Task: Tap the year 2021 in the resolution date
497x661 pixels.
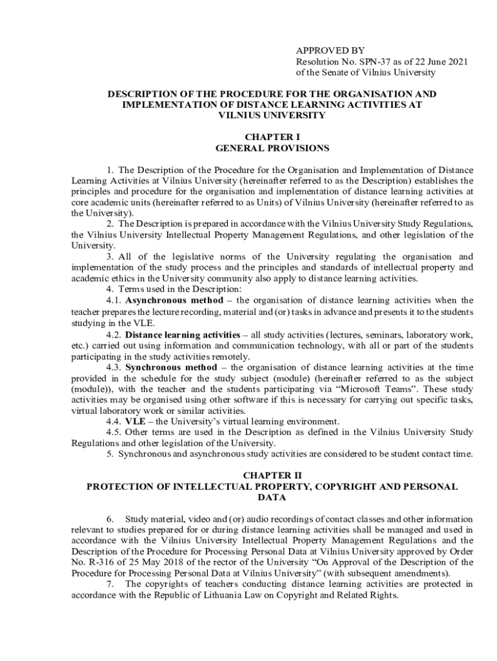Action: tap(456, 61)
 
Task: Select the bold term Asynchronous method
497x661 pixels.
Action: tap(174, 300)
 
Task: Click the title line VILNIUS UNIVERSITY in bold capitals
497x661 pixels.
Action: tap(272, 115)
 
